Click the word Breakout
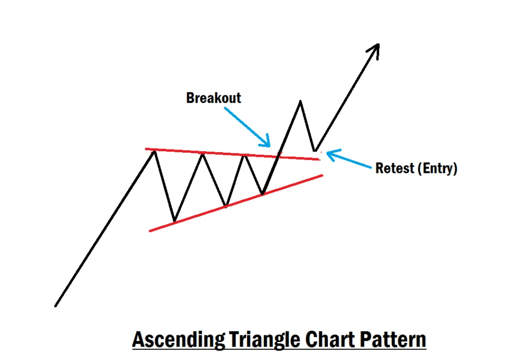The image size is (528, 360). coord(213,97)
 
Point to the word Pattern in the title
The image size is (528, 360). coord(398,340)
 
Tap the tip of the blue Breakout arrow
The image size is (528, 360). coord(269,145)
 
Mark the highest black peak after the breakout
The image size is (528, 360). coord(300,101)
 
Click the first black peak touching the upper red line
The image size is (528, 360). coord(154,151)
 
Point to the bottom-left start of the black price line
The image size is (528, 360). coord(55,306)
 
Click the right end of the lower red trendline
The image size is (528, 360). coord(322,175)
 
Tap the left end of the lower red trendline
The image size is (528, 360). coord(150,231)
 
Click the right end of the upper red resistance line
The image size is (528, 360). coord(320,159)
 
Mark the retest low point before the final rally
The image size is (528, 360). coord(315,151)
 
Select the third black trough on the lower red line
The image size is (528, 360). coord(262,194)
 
